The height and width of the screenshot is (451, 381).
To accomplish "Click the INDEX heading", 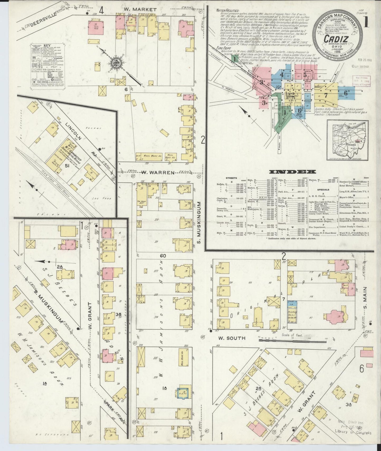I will [292, 172].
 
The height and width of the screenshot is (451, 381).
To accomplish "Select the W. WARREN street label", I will [158, 173].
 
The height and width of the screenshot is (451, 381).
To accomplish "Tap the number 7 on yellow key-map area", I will [326, 95].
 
